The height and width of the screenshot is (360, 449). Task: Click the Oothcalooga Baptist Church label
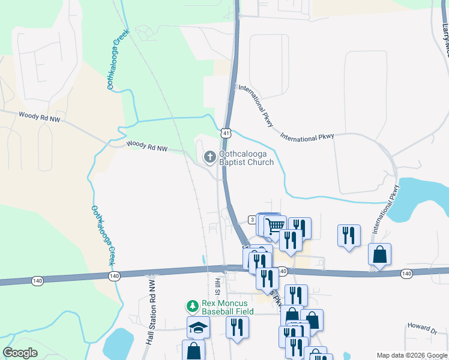[x=246, y=158]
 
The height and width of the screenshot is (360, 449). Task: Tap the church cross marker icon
[x=209, y=158]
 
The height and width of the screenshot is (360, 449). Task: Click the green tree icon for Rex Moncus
[x=193, y=307]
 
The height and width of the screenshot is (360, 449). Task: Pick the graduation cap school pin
[x=198, y=327]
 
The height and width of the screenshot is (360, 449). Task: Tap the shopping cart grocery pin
[x=275, y=226]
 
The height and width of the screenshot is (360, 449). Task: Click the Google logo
[x=20, y=353]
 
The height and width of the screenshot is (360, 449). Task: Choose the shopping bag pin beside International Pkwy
[x=379, y=254]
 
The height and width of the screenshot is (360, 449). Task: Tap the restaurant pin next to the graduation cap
[x=237, y=327]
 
